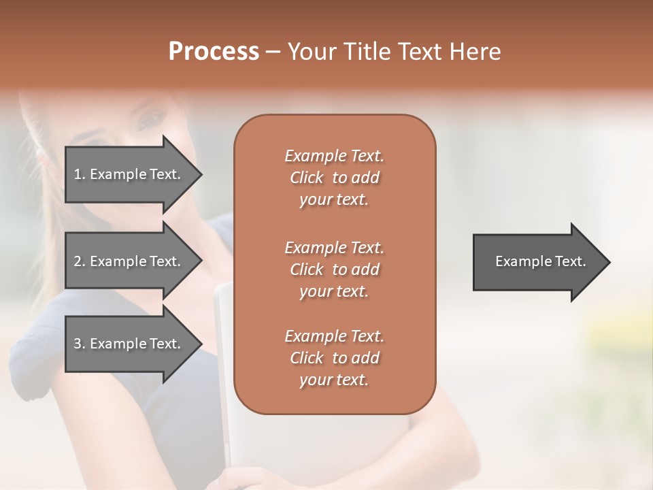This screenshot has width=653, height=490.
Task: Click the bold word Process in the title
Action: tap(214, 52)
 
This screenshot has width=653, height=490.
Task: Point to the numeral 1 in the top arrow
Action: tap(78, 174)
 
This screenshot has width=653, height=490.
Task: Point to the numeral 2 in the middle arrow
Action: tap(78, 261)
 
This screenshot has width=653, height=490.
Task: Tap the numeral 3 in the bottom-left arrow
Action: tap(78, 344)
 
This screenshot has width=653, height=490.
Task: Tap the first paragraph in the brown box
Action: tap(334, 178)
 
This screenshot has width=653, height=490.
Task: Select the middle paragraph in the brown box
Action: tap(334, 269)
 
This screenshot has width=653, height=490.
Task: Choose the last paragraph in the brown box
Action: tap(334, 358)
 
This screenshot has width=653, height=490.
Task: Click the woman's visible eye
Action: tap(149, 122)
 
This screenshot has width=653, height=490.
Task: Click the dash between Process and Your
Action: tap(273, 52)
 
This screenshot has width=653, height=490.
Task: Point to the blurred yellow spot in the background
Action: tap(605, 333)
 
